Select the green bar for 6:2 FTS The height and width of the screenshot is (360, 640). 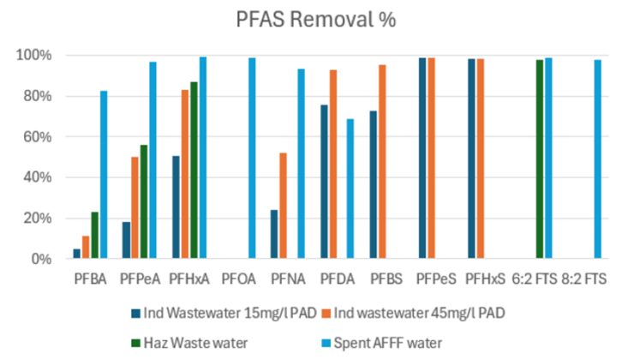(540, 159)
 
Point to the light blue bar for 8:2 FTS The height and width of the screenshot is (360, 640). (598, 159)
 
